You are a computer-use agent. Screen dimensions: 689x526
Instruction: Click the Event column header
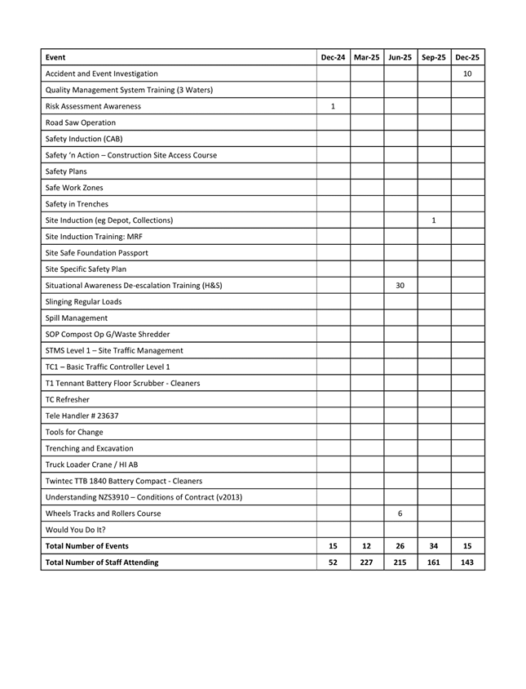55,57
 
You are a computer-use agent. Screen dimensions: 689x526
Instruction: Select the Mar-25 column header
367,57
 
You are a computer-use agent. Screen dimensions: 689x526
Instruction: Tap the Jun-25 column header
400,57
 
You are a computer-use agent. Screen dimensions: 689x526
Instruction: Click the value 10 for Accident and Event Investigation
467,73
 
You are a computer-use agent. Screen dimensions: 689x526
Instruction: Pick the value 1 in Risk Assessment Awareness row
333,106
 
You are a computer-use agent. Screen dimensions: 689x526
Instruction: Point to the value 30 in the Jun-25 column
400,285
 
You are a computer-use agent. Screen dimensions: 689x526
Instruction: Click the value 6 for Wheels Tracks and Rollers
400,513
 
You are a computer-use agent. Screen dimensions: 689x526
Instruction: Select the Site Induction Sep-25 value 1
434,220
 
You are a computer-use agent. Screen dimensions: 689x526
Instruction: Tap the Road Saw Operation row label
81,122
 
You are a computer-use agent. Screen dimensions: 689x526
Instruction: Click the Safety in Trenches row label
77,204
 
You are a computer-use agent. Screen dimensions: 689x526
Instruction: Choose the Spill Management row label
76,318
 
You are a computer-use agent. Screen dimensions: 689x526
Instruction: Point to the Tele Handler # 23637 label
82,416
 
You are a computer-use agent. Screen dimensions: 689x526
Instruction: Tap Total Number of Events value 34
434,546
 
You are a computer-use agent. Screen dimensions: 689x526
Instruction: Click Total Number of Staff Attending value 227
367,562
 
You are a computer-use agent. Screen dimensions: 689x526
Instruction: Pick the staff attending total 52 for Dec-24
333,562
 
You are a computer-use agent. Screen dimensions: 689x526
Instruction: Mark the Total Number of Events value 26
400,546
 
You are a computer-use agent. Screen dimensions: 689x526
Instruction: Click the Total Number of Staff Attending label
102,562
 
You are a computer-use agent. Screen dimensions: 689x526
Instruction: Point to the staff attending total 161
434,562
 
